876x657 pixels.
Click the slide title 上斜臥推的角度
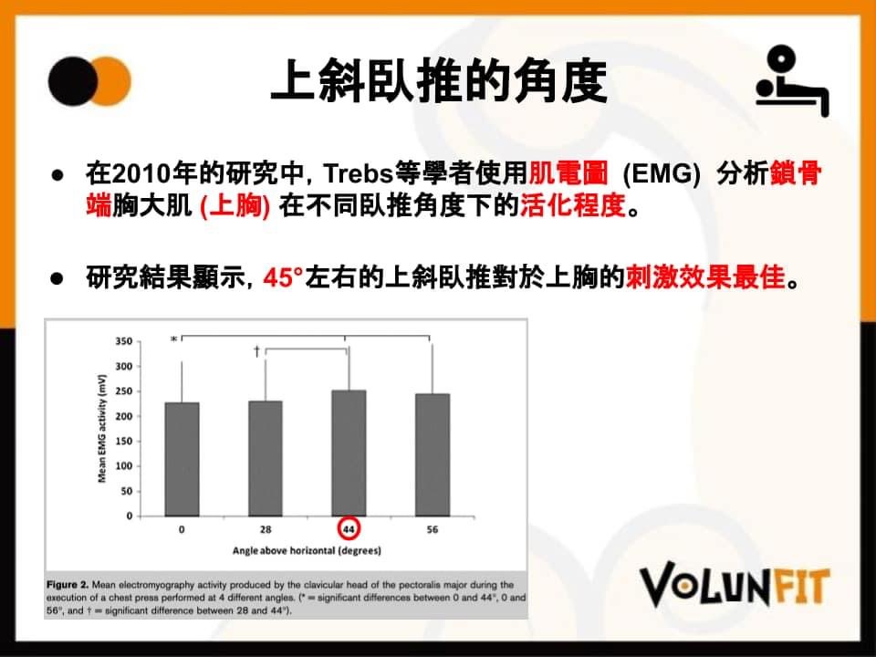point(439,81)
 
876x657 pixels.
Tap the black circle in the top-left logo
point(73,81)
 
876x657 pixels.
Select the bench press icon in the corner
point(792,81)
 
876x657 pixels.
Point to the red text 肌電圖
point(568,173)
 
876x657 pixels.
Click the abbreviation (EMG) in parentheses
point(662,174)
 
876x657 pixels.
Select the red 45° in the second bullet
point(283,277)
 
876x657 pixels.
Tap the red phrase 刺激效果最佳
point(705,276)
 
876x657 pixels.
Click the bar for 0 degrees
point(182,459)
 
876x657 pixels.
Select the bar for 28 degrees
point(266,459)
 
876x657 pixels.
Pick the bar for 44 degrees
point(349,454)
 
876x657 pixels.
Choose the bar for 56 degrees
point(433,454)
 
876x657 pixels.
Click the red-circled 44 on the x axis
point(349,529)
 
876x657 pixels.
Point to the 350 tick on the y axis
point(123,341)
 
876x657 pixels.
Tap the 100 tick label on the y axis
point(123,466)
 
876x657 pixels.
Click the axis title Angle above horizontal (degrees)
point(307,551)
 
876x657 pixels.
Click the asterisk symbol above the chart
point(173,339)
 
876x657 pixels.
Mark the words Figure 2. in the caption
point(68,584)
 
